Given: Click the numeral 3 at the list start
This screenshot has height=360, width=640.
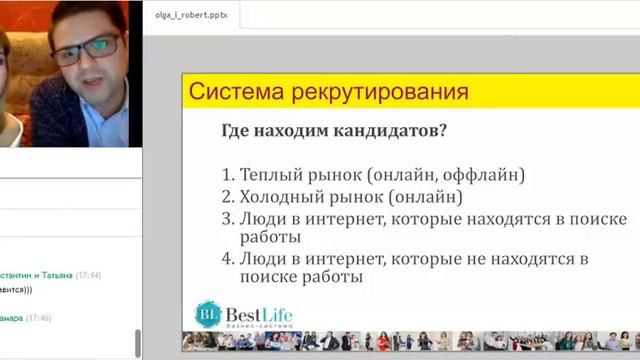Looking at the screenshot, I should pyautogui.click(x=227, y=218).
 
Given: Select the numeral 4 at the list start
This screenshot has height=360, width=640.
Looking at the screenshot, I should pyautogui.click(x=227, y=259).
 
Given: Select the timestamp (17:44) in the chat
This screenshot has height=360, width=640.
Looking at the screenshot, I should pyautogui.click(x=89, y=275).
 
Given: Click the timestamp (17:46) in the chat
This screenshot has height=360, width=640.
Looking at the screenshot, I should pyautogui.click(x=39, y=318).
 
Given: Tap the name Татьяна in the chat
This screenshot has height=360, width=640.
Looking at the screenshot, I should pyautogui.click(x=54, y=275).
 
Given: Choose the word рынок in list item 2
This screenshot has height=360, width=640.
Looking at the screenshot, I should pyautogui.click(x=355, y=196).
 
